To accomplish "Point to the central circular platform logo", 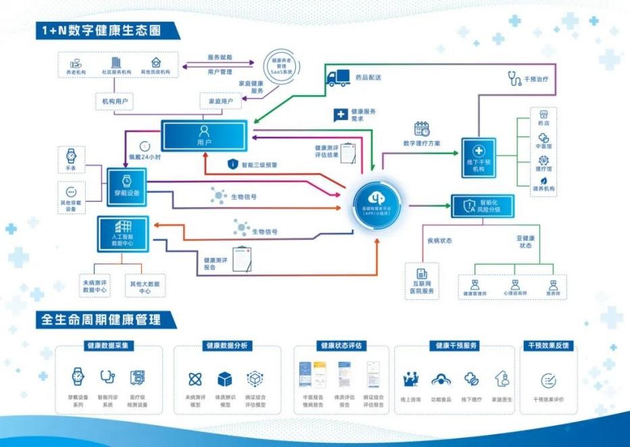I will coord(378,200).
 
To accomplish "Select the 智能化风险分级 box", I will coord(481,205).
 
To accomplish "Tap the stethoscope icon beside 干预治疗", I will coord(515,79).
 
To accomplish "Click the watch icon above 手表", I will coord(71,155).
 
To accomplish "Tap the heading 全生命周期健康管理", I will coord(101,319).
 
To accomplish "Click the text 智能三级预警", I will coord(259,164).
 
